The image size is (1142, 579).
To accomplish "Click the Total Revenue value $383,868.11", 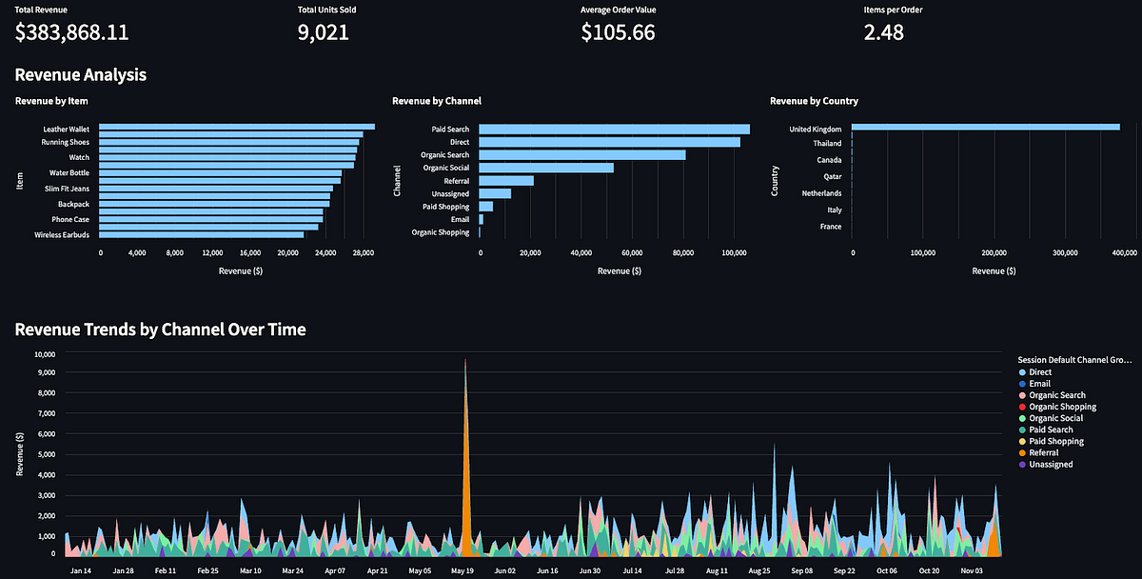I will (72, 32).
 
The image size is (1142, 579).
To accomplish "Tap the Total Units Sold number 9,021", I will (324, 32).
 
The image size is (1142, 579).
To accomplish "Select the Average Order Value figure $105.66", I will (618, 32).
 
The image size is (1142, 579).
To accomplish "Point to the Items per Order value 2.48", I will (883, 32).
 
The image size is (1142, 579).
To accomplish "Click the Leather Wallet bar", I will (236, 127).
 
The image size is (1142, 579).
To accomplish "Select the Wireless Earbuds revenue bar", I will (201, 234).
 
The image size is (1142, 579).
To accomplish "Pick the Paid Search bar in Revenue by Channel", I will (614, 130).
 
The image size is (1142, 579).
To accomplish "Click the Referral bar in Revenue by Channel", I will (506, 181).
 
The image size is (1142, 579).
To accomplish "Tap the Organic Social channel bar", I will (546, 168).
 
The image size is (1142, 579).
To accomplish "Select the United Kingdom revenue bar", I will (985, 127).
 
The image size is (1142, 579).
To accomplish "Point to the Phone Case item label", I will (70, 219).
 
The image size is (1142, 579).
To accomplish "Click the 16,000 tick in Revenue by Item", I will (249, 253).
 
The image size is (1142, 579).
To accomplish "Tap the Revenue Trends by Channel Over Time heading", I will (160, 329).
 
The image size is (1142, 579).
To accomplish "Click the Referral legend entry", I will (1044, 453).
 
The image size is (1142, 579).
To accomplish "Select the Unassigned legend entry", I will (1051, 465).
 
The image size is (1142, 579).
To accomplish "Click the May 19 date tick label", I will (463, 571).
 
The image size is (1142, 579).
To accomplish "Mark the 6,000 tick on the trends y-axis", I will (45, 434).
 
